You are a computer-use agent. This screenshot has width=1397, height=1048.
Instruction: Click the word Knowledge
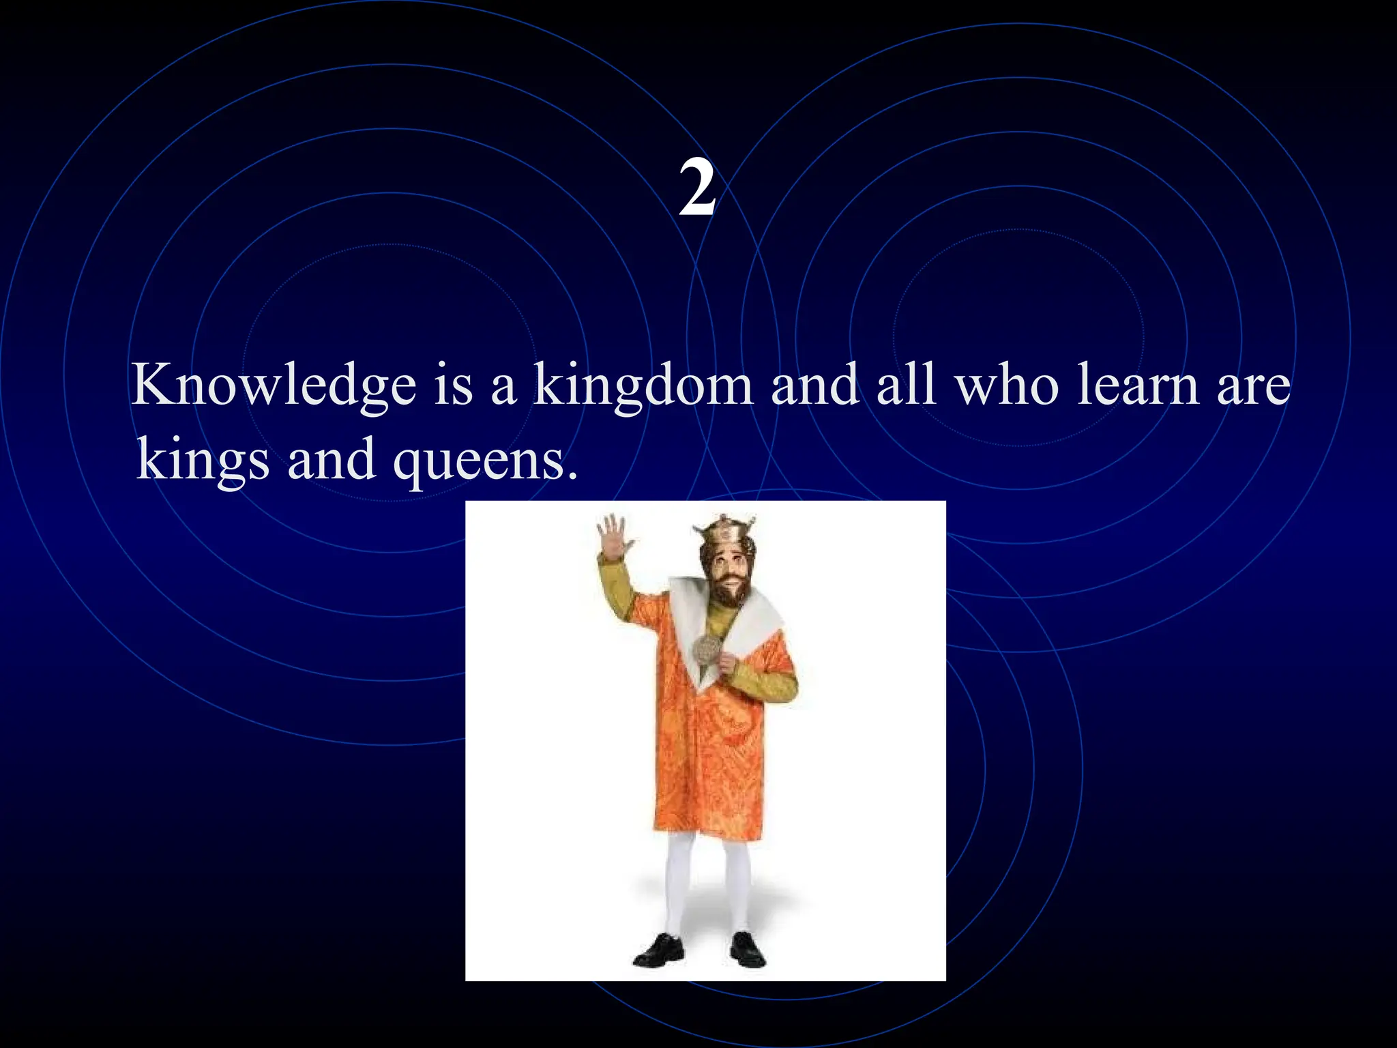273,385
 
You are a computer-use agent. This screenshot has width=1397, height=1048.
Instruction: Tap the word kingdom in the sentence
643,385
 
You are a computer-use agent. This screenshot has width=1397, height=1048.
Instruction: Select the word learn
1138,385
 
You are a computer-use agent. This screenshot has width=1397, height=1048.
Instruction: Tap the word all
905,385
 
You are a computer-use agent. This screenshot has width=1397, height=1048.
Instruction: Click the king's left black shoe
659,951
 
